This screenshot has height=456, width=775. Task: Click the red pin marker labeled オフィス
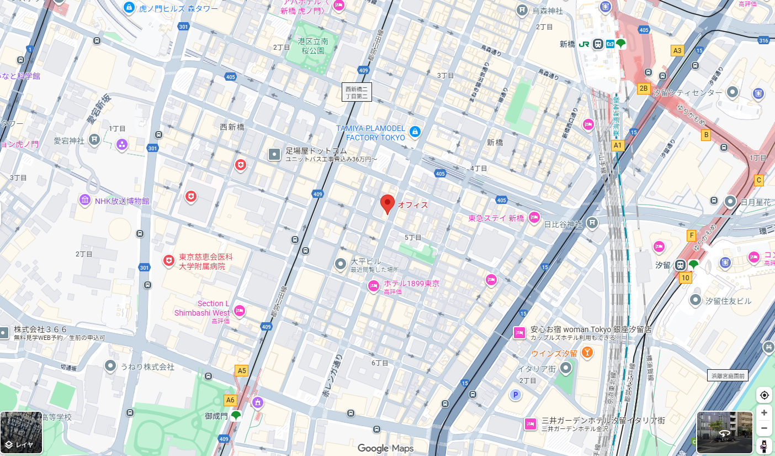387,203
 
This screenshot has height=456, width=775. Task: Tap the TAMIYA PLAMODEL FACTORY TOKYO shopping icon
415,132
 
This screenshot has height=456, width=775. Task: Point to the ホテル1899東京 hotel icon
374,286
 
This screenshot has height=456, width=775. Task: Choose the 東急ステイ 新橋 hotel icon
534,218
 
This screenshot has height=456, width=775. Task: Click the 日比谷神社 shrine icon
592,223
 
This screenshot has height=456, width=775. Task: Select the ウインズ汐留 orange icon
587,352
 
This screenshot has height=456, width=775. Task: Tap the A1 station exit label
618,145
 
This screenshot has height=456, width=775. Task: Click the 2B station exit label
643,88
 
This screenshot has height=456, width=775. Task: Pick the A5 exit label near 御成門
241,370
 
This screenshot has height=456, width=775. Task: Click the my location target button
764,395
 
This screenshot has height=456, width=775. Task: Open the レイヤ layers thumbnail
22,433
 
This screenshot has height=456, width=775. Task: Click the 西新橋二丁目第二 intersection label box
356,92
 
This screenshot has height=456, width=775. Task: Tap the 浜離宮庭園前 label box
728,376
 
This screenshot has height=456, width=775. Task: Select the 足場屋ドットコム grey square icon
274,154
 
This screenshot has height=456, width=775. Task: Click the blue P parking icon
516,395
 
